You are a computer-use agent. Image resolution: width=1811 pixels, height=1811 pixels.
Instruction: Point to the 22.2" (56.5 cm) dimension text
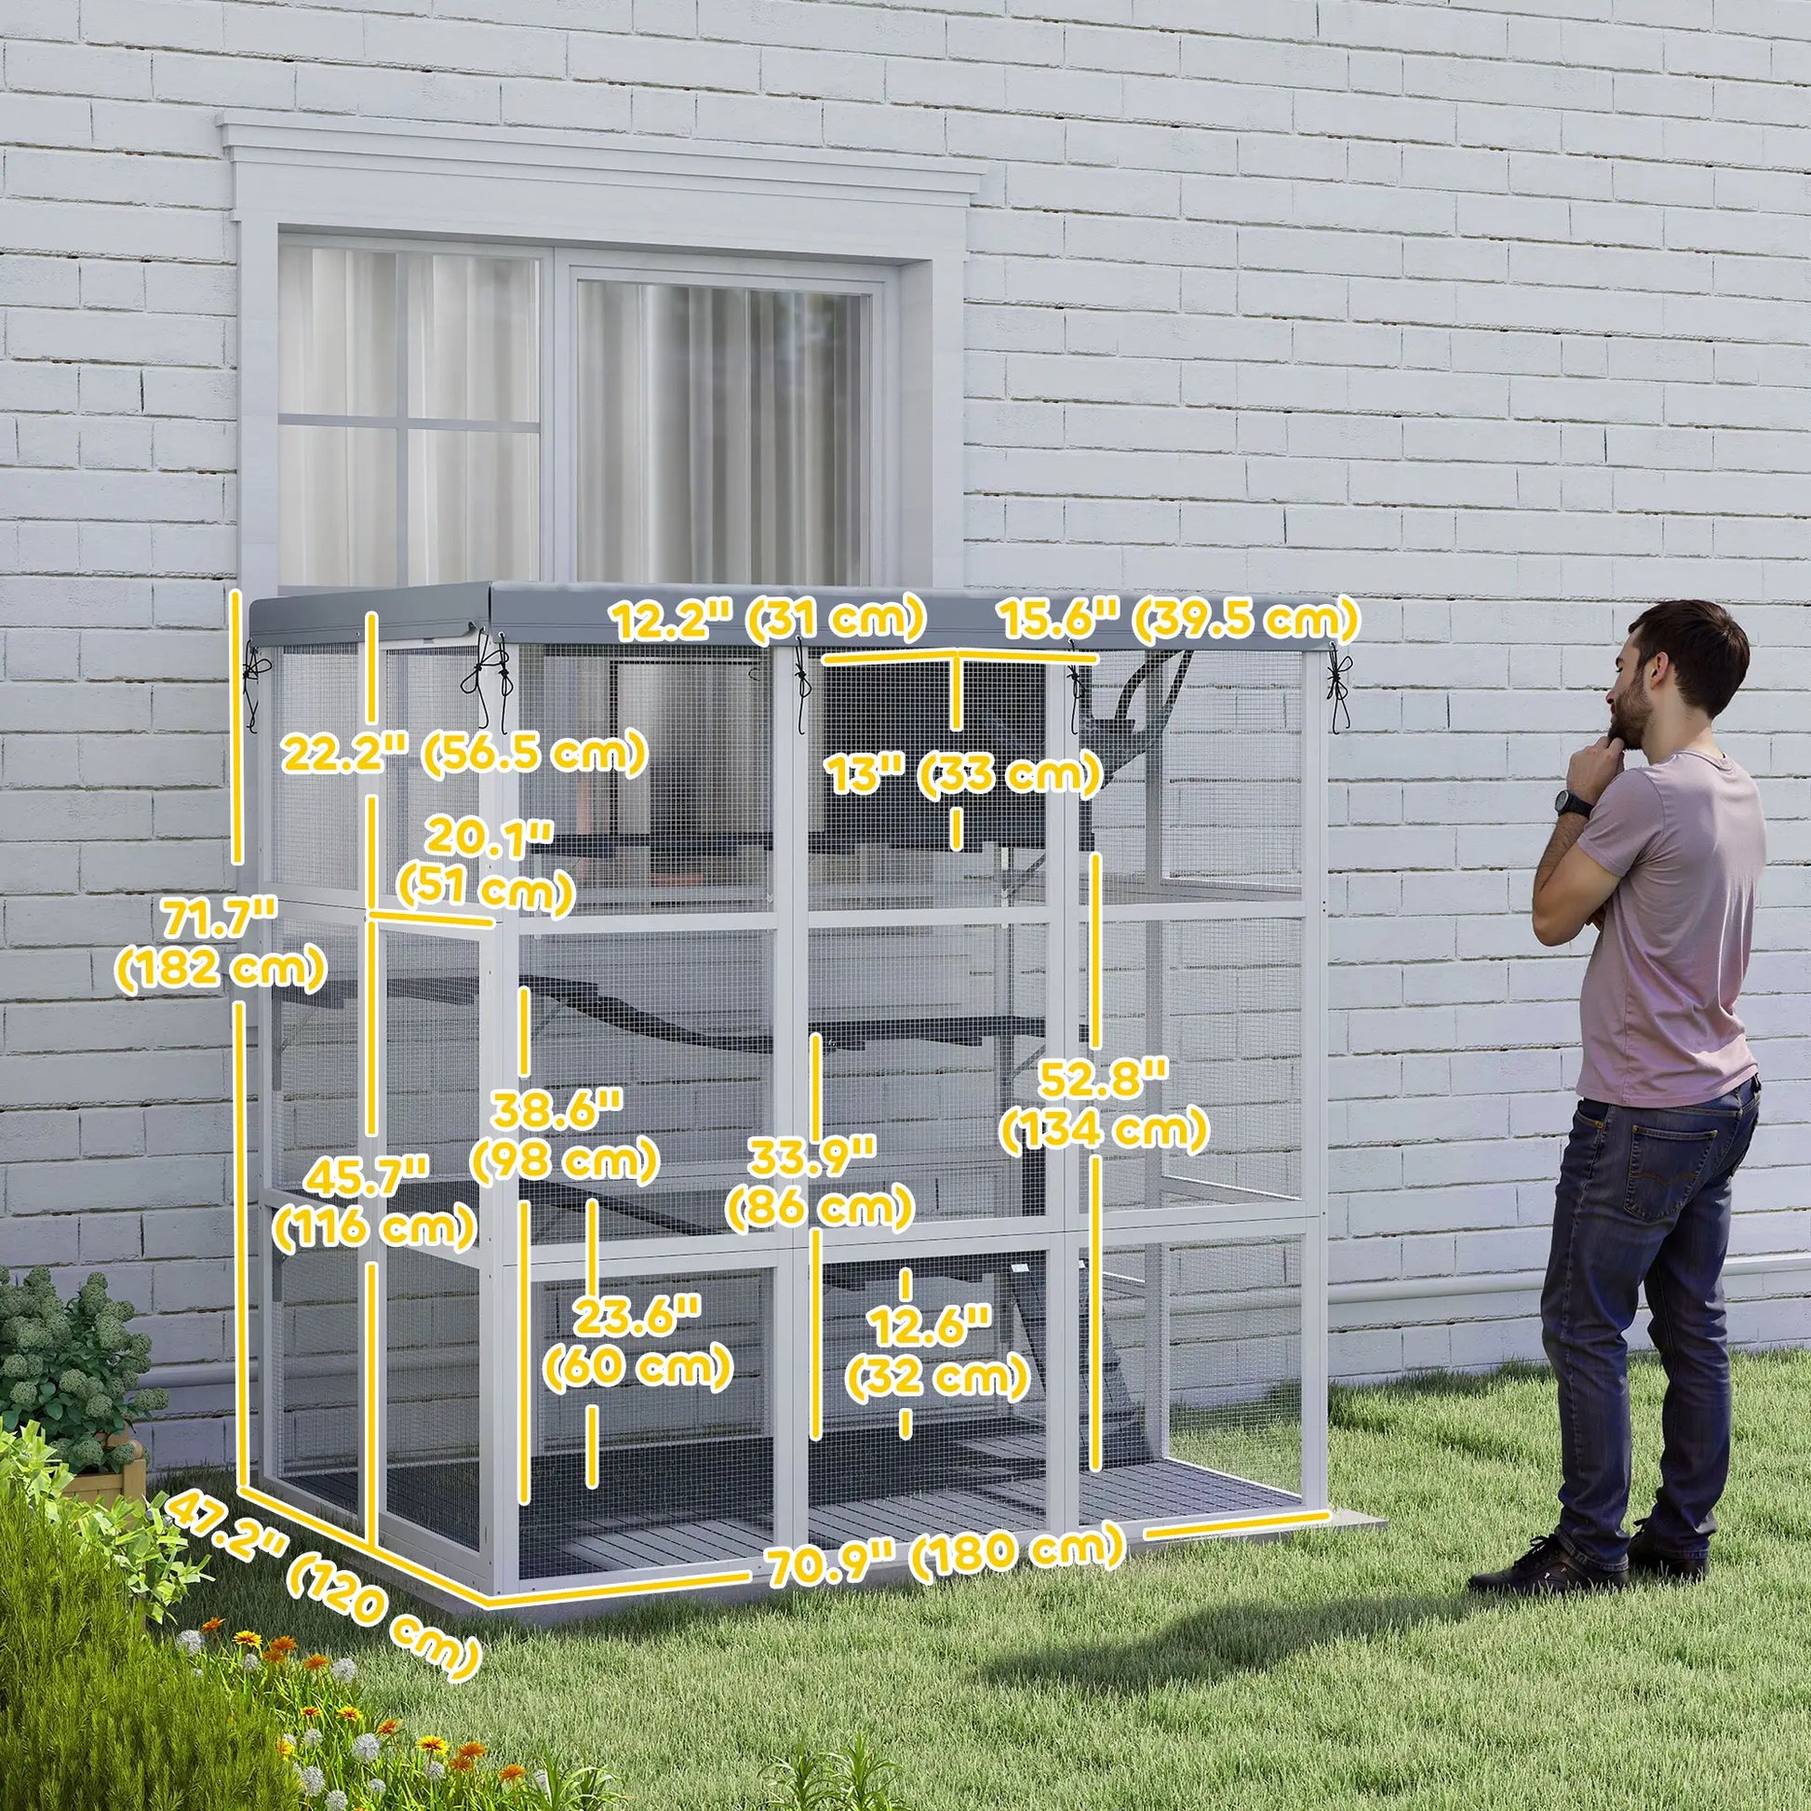pyautogui.click(x=465, y=753)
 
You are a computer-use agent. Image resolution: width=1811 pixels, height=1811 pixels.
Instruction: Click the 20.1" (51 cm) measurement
pyautogui.click(x=486, y=865)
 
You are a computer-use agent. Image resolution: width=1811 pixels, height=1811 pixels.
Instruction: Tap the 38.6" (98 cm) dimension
pyautogui.click(x=563, y=1136)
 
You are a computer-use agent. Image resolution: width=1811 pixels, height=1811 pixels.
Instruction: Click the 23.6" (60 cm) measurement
pyautogui.click(x=637, y=1341)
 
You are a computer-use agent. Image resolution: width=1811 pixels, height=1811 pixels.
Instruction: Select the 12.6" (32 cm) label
pyautogui.click(x=936, y=1352)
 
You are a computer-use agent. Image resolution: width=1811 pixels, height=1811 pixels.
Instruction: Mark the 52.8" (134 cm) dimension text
pyautogui.click(x=1104, y=1107)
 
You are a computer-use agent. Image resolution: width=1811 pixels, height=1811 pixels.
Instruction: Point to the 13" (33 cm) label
pyautogui.click(x=961, y=774)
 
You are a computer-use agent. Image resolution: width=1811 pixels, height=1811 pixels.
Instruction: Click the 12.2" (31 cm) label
pyautogui.click(x=768, y=620)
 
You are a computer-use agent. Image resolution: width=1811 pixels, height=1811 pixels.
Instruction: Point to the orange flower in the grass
pyautogui.click(x=248, y=1639)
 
